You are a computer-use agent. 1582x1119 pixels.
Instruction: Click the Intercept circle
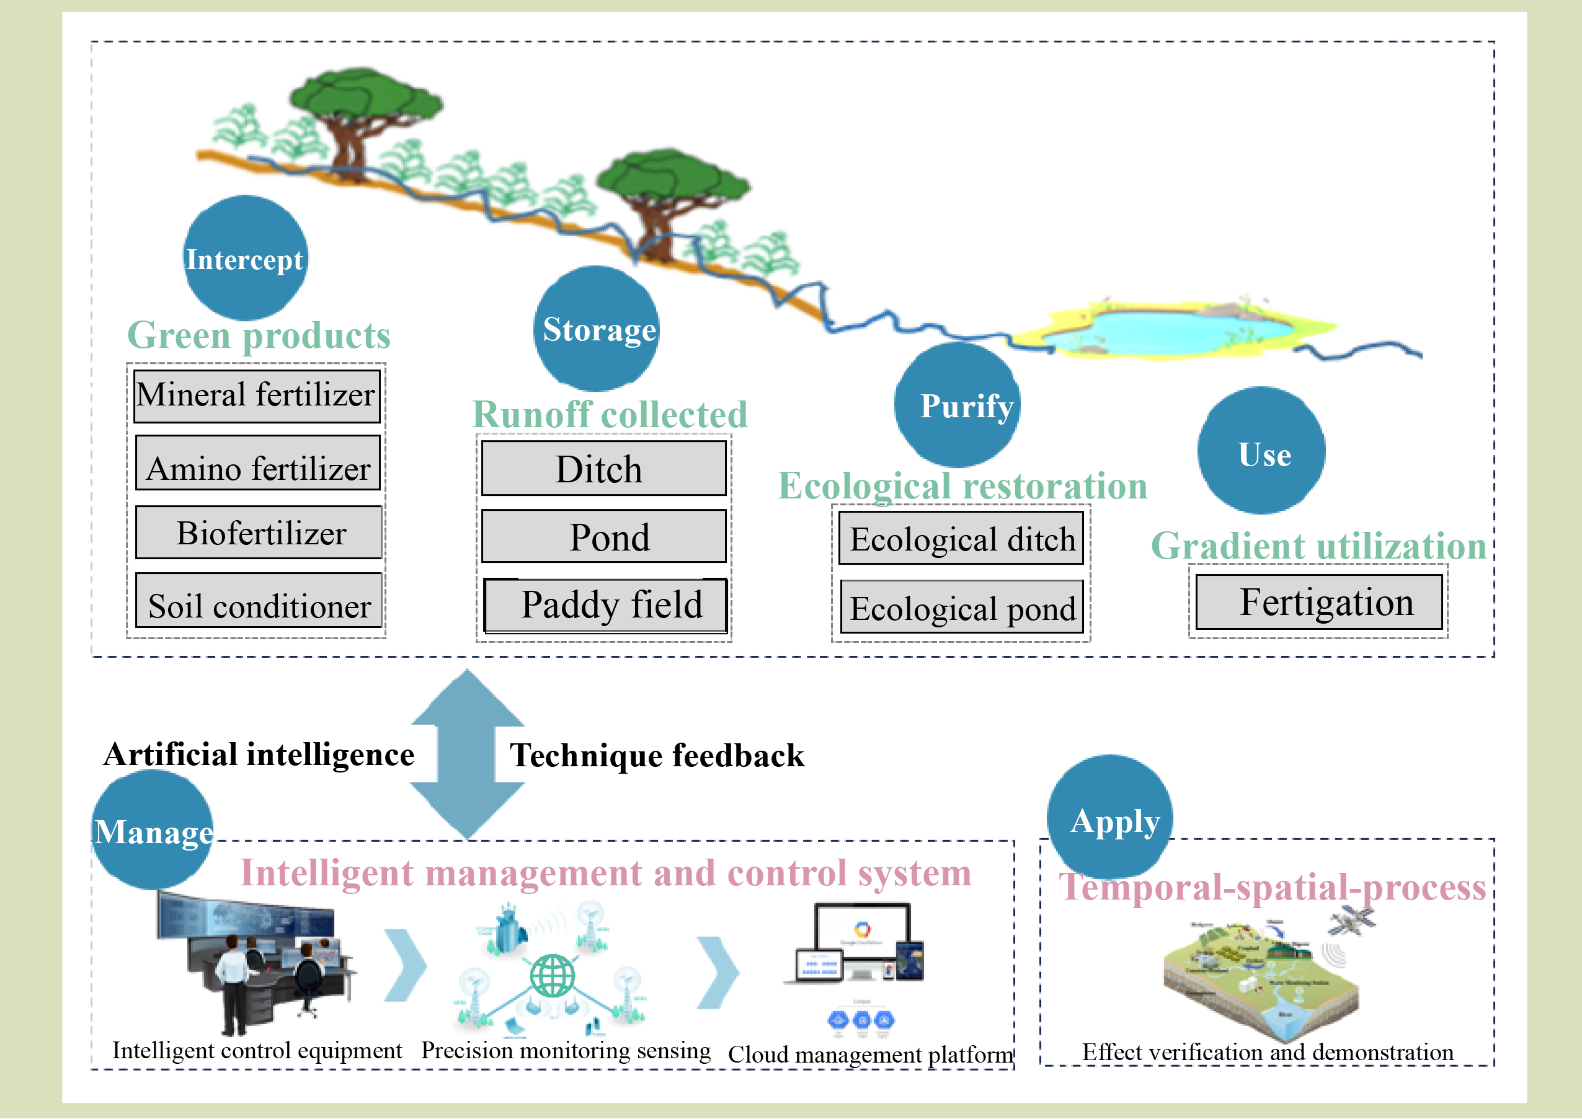coord(246,258)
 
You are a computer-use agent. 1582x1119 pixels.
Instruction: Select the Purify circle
coord(958,405)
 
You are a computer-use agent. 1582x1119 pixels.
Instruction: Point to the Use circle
coord(1261,451)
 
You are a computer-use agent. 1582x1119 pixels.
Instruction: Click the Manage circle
coord(153,829)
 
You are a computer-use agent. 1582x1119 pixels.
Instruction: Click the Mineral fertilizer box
coord(256,396)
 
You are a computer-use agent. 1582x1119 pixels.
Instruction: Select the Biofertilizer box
coord(259,533)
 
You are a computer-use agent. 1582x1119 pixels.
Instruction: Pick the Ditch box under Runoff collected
coord(603,469)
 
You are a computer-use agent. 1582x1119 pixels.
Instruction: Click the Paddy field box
coord(605,605)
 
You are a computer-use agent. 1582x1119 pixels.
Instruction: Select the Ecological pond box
coord(962,608)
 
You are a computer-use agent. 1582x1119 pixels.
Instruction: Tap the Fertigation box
coord(1318,602)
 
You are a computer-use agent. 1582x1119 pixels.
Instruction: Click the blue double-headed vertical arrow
coord(468,754)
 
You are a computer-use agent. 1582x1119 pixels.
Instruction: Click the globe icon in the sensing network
coord(552,976)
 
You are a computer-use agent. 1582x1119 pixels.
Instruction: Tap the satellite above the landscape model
coord(1351,921)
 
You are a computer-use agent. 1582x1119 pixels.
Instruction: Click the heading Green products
coord(259,335)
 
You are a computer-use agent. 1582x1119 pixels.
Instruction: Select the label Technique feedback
coord(656,756)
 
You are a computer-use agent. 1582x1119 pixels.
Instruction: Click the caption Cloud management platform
coord(870,1055)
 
